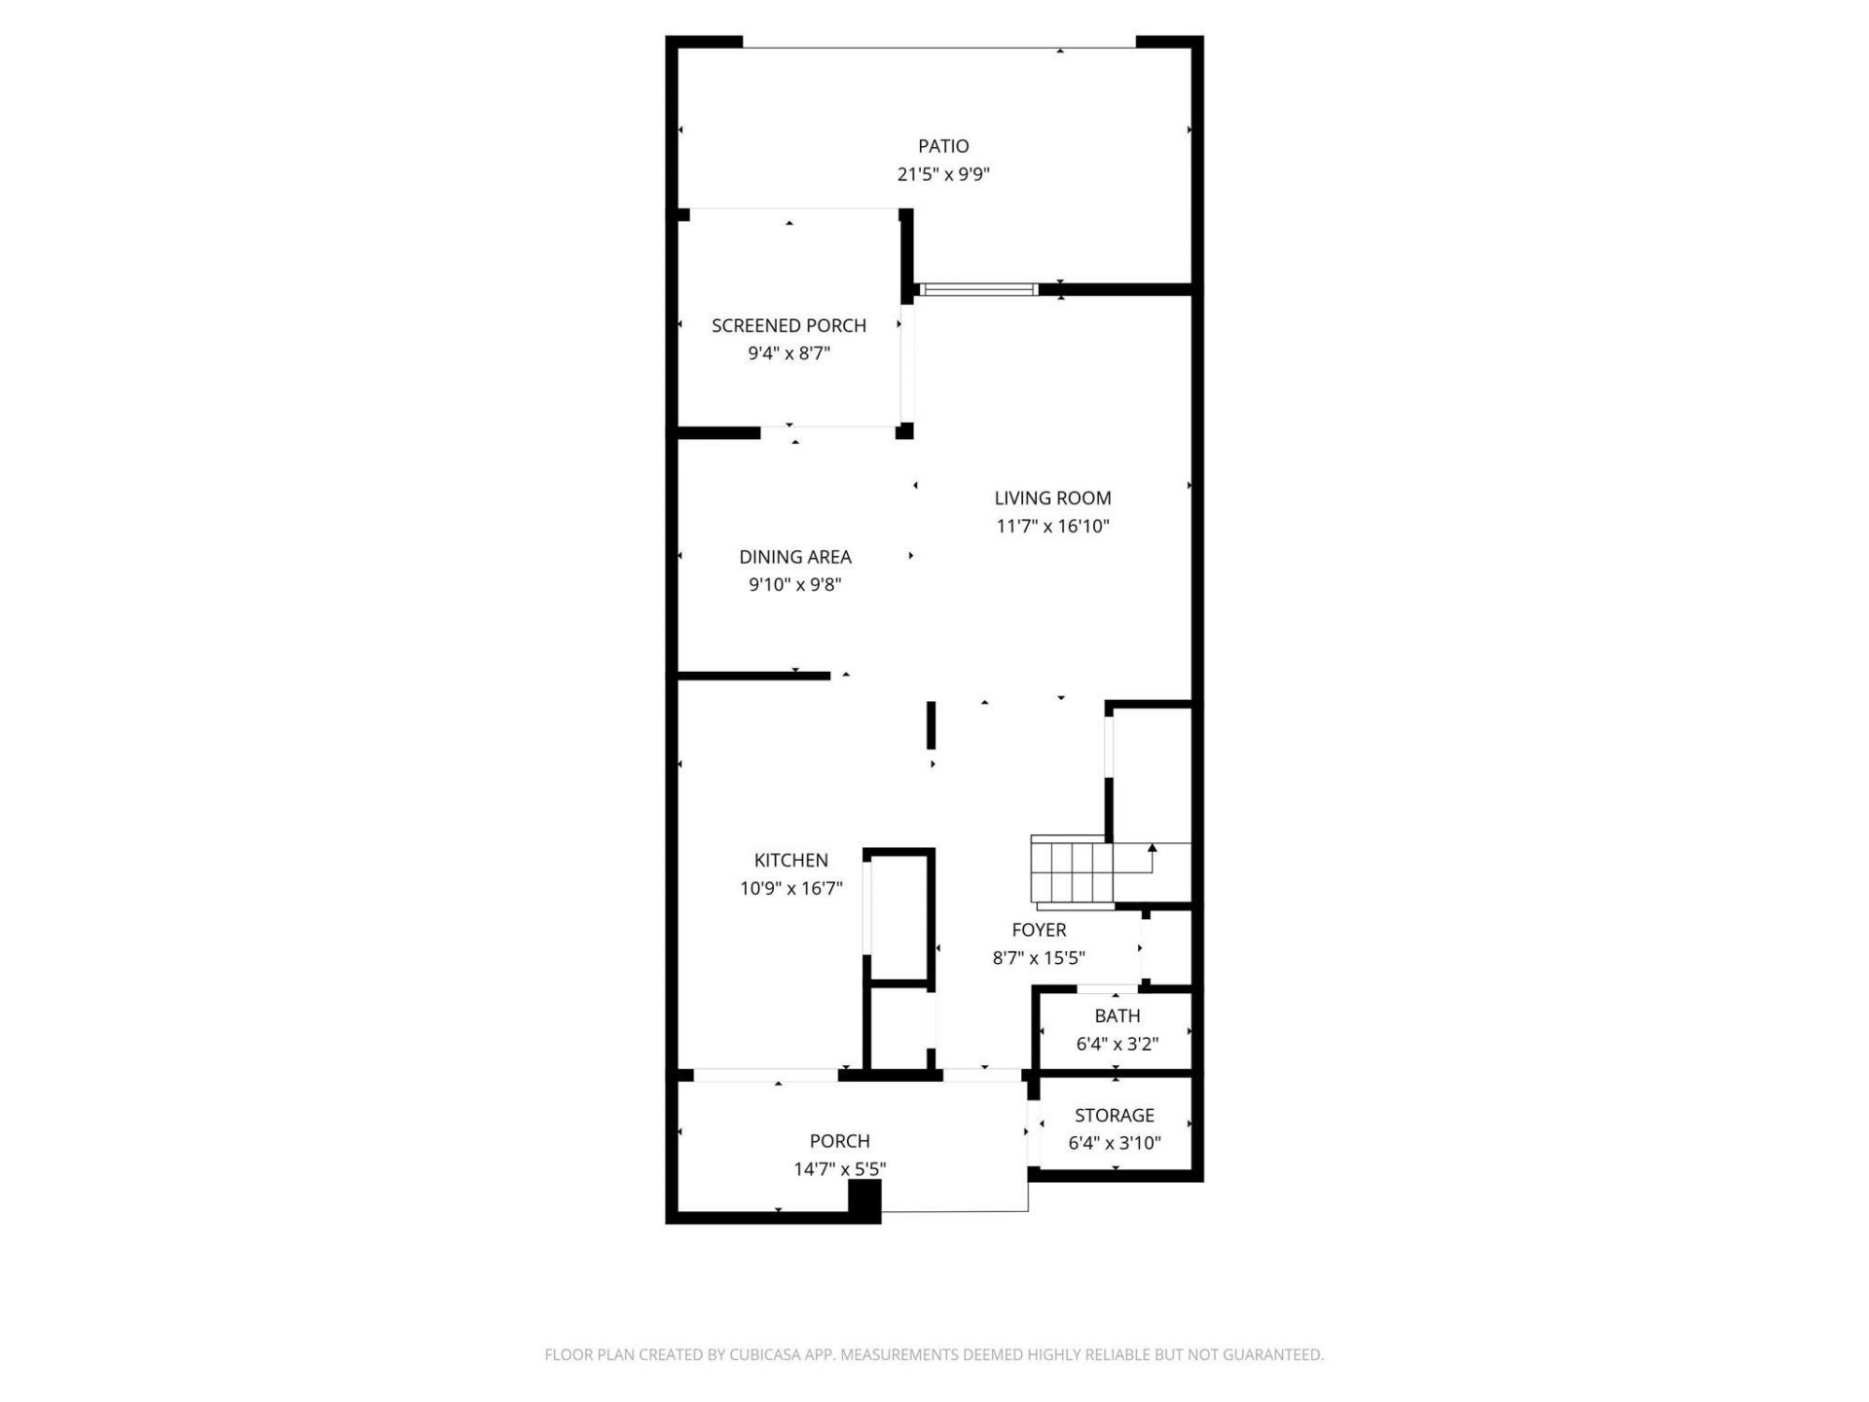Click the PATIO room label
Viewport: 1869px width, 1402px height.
[x=943, y=146]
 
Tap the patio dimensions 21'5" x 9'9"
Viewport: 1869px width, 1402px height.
[x=943, y=174]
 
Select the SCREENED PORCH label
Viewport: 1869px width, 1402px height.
[x=788, y=325]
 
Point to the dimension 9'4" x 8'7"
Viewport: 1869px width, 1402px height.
[x=788, y=353]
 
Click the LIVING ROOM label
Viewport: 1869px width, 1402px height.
[x=1052, y=498]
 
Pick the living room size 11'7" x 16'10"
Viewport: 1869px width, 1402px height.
[x=1052, y=527]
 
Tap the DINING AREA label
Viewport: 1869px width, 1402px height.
[x=795, y=557]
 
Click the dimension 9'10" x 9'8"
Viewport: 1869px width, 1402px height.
[x=795, y=585]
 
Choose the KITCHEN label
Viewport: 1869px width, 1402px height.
[x=791, y=860]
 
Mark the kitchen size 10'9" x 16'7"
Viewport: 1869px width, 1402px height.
[x=791, y=888]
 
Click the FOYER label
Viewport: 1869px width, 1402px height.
[x=1039, y=930]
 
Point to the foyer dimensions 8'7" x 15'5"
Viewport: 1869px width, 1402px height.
[x=1039, y=958]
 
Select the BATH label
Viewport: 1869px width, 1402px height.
[x=1117, y=1015]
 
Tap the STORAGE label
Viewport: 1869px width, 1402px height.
[x=1115, y=1115]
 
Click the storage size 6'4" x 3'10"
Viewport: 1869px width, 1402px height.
[x=1115, y=1143]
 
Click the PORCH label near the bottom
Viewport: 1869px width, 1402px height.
[x=839, y=1140]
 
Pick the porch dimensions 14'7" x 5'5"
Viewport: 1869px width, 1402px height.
[x=839, y=1169]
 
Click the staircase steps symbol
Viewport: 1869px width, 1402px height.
[x=1072, y=871]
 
